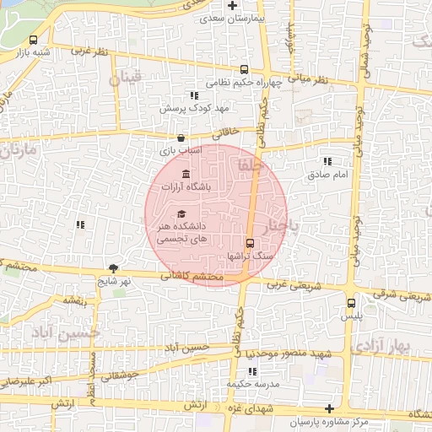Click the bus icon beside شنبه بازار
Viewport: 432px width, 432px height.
click(34, 40)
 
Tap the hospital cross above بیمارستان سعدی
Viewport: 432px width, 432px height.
click(220, 5)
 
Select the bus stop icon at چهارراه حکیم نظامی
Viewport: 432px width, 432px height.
click(244, 70)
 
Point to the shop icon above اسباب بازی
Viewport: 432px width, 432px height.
click(180, 138)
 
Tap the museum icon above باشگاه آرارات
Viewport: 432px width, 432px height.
click(186, 173)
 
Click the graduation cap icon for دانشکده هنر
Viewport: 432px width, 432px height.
click(181, 213)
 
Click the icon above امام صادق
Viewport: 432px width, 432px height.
click(327, 161)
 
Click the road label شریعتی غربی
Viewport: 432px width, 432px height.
click(289, 284)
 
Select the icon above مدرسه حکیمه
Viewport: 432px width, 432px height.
click(251, 371)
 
